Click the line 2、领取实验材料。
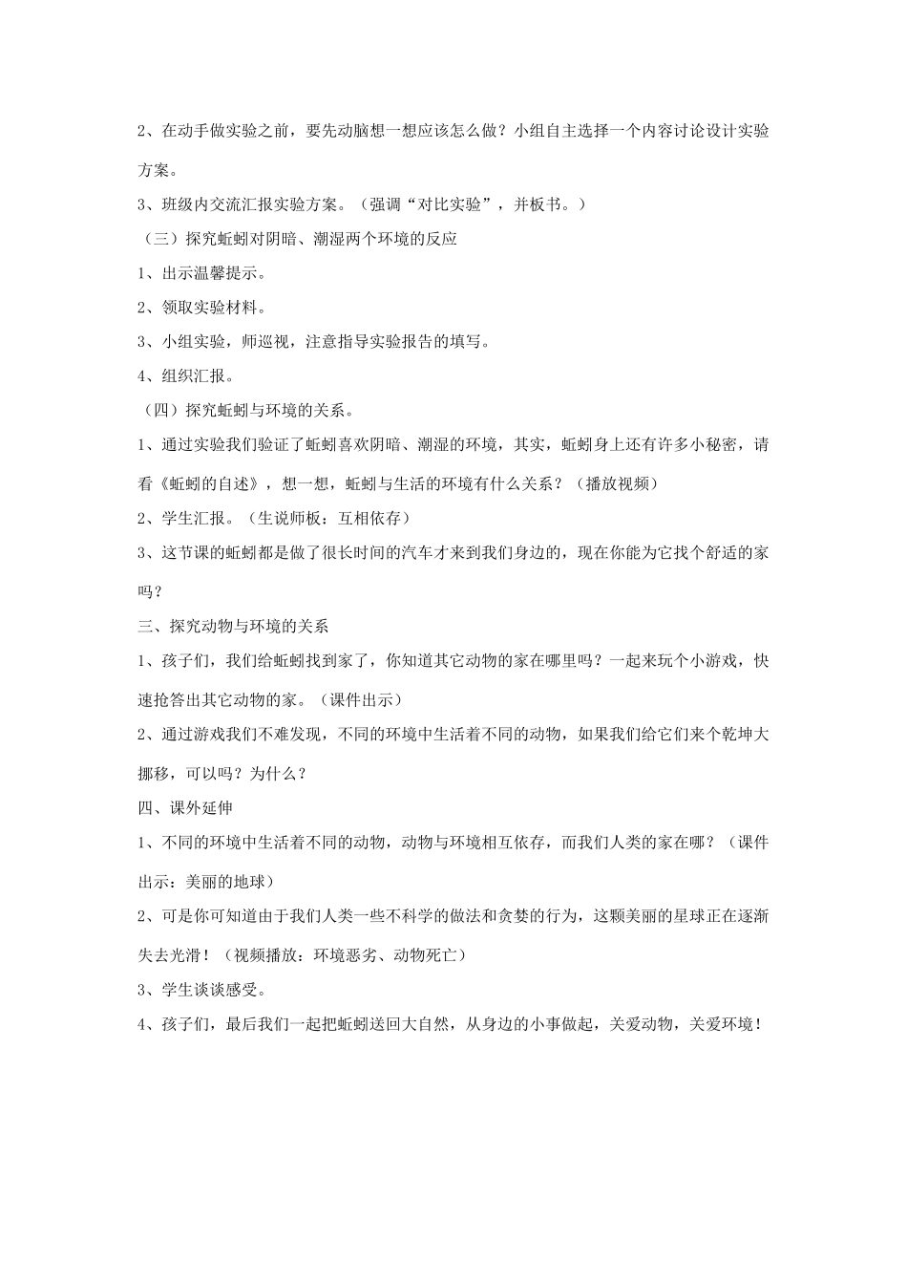(x=202, y=308)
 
